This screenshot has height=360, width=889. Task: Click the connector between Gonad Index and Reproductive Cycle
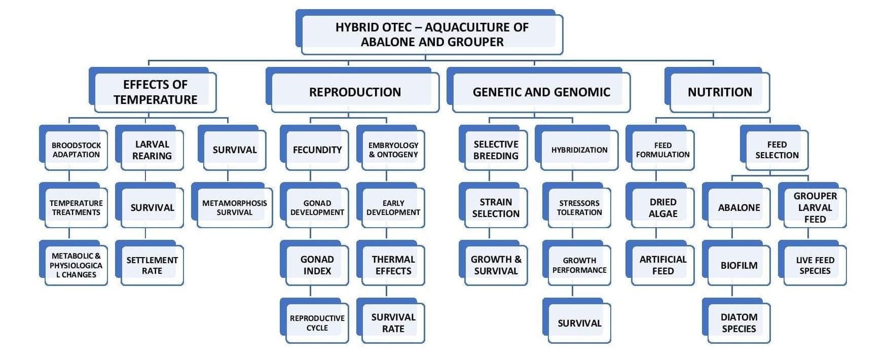click(x=310, y=292)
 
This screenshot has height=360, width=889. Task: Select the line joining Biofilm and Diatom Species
click(x=732, y=292)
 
